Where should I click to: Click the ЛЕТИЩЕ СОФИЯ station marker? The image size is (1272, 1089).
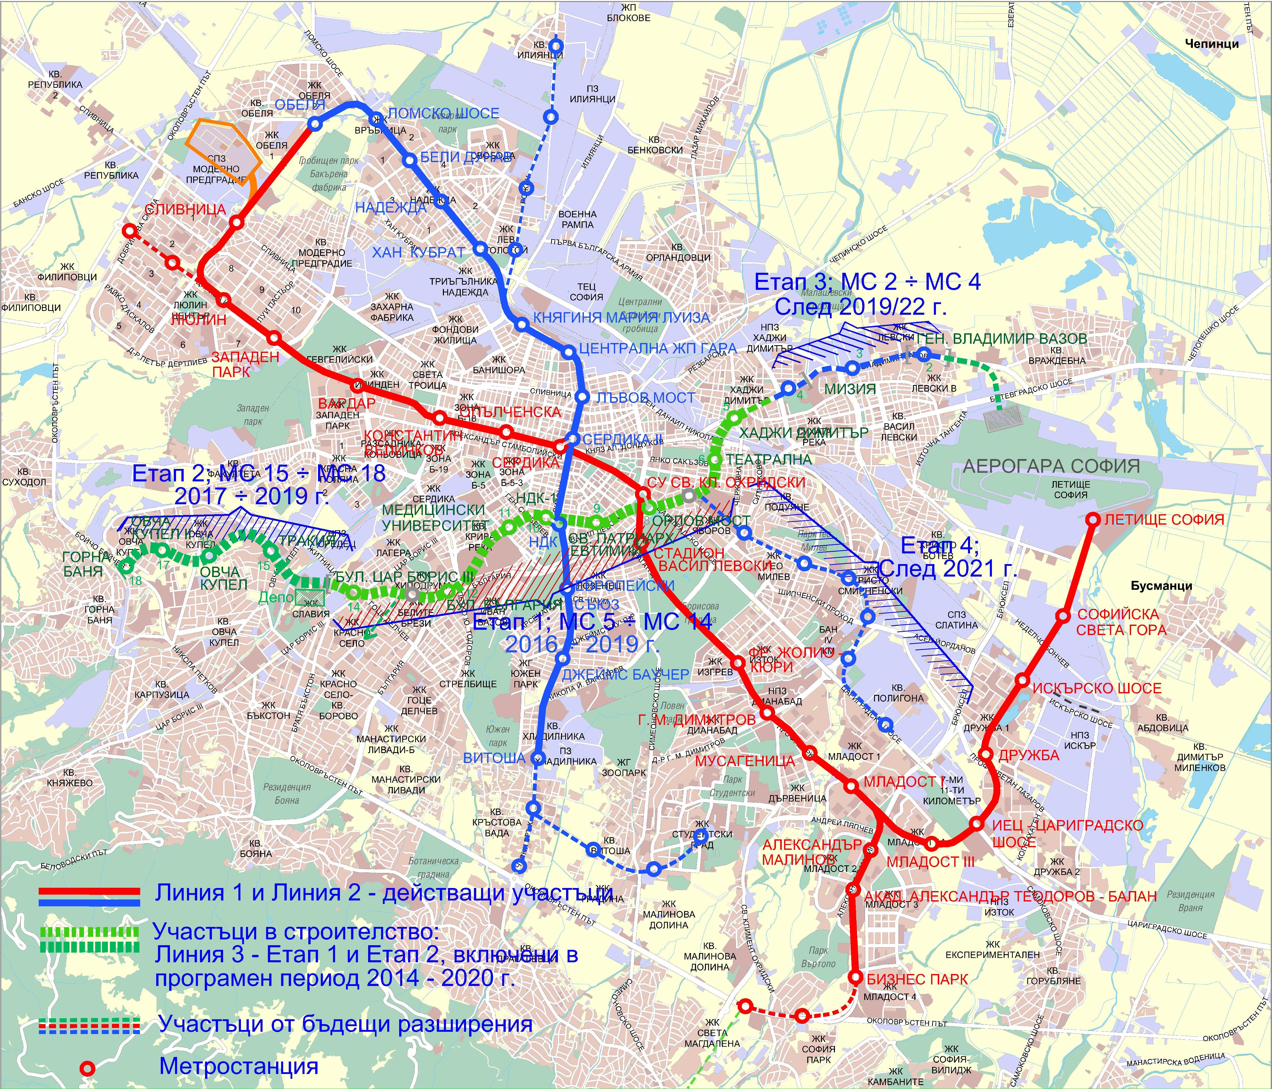(x=1093, y=519)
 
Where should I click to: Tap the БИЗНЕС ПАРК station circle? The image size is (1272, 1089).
(x=856, y=977)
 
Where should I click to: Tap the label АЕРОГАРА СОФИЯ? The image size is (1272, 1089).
(x=1051, y=466)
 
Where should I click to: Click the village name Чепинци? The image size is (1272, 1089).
(x=1212, y=44)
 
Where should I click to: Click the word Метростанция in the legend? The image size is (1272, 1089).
(x=239, y=1066)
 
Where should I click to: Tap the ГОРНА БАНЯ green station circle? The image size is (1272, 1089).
(x=126, y=567)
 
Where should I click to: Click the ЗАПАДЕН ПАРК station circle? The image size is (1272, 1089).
(x=274, y=338)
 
